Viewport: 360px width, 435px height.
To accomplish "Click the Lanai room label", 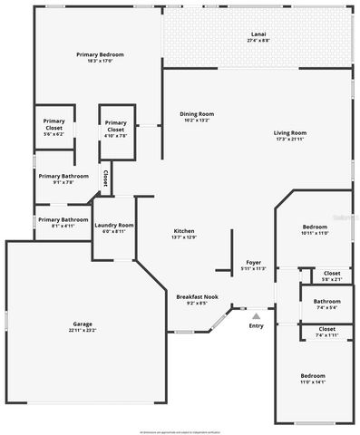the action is [x=258, y=36].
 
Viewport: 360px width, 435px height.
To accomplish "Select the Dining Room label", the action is [x=196, y=115].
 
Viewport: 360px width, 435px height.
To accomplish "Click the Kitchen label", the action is [x=184, y=233].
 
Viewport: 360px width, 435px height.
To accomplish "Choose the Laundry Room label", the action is [x=114, y=227].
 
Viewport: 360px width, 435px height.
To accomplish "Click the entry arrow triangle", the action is [x=256, y=315].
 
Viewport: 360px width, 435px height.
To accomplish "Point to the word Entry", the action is [x=256, y=325].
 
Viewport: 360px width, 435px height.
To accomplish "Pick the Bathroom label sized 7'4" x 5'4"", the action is [x=327, y=304].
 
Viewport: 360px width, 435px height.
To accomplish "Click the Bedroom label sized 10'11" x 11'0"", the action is [x=314, y=229].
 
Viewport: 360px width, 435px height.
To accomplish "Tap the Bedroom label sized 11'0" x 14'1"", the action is [x=313, y=378].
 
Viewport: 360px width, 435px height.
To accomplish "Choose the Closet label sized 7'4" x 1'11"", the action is [x=327, y=332].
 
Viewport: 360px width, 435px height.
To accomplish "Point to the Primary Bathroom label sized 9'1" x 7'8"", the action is [x=63, y=178].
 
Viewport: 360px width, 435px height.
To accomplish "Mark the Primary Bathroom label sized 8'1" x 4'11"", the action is [x=63, y=222].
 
